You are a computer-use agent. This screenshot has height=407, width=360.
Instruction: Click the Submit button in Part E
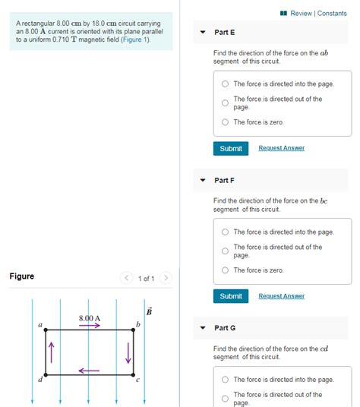tap(230, 149)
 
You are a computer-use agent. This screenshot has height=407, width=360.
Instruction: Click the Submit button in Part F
tap(230, 296)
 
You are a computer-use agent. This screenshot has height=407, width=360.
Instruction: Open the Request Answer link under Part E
tap(281, 148)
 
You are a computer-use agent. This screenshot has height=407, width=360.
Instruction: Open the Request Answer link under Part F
tap(281, 296)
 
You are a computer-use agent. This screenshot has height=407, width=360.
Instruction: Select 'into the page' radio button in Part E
tap(225, 84)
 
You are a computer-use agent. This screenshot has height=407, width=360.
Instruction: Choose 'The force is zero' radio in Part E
tap(225, 122)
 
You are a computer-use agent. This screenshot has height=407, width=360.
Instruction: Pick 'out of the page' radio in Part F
tap(225, 251)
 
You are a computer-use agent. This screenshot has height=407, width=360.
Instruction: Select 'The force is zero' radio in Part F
tap(225, 270)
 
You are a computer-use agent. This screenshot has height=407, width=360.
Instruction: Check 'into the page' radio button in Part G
tap(225, 380)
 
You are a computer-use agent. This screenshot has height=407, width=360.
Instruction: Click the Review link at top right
tap(301, 13)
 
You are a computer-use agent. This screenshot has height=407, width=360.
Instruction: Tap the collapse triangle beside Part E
tap(203, 33)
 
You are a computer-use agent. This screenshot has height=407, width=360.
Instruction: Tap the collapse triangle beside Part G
tap(203, 328)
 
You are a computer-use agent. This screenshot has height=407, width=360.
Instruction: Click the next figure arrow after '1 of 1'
tap(166, 279)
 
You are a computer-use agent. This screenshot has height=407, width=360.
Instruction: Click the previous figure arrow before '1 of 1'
tap(128, 279)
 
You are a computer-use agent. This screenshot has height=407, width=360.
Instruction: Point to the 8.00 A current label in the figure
tap(90, 317)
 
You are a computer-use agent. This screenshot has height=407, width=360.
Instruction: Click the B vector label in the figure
tap(149, 311)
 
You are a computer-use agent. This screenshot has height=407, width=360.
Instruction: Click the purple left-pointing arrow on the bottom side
tap(89, 371)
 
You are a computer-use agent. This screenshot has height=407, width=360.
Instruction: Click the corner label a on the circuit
tap(39, 325)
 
